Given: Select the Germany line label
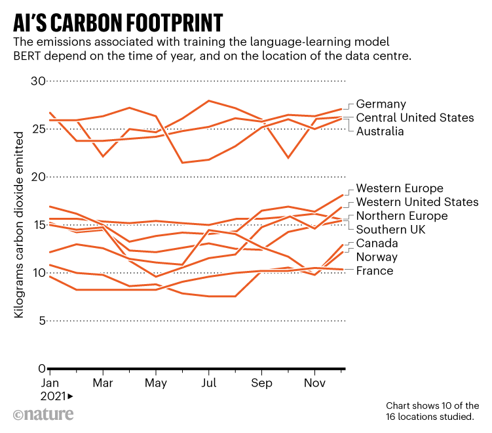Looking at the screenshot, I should [381, 104].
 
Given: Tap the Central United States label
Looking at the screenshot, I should [415, 117].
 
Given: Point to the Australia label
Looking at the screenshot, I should [381, 131].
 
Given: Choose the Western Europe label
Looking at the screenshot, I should [400, 188].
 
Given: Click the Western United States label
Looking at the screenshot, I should [417, 202].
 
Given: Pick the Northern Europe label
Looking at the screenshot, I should [402, 216].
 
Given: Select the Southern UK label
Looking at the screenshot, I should [390, 230].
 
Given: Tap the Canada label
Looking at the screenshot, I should [377, 243].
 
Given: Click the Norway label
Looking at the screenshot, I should [377, 257].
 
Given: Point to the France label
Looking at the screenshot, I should [375, 271].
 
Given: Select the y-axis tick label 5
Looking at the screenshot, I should [41, 321].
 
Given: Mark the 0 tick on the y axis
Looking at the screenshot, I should [41, 369].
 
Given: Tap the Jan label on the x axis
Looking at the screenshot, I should [50, 382].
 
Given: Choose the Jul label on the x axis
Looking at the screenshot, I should [208, 382].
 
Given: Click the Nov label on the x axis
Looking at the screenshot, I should [314, 382].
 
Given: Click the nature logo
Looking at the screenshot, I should [43, 415].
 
